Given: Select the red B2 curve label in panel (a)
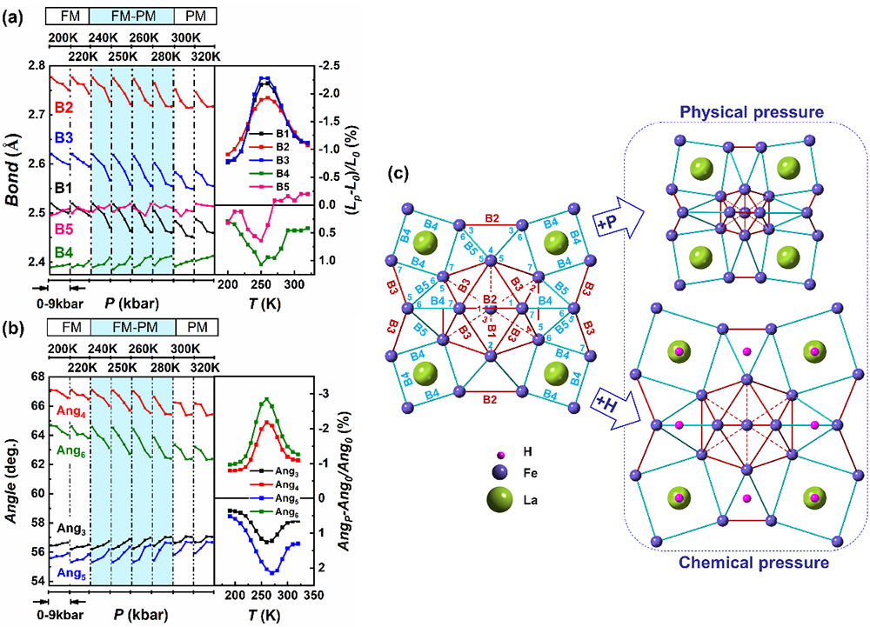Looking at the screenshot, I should [x=63, y=108].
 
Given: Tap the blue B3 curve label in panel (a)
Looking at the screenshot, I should [x=63, y=137].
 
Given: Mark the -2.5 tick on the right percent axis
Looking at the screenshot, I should [x=326, y=65].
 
